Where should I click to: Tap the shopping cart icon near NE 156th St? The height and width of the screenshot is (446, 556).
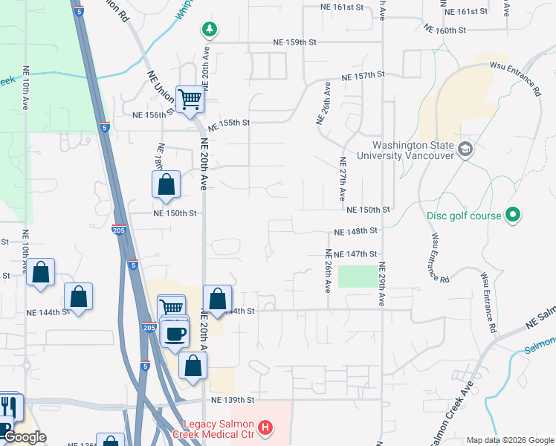(190, 98)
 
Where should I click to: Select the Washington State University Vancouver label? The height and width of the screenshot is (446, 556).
(414, 150)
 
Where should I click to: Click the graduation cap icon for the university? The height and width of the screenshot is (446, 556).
(466, 149)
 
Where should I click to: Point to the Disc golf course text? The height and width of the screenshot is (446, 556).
(463, 216)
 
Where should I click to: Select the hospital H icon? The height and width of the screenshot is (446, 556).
(265, 429)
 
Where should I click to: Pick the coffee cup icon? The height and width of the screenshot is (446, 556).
(175, 333)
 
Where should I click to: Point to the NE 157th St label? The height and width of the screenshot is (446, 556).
(363, 76)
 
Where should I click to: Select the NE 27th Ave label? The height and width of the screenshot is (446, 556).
(343, 179)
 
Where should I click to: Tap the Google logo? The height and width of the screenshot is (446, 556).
(25, 438)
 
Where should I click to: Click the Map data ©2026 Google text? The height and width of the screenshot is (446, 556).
(509, 440)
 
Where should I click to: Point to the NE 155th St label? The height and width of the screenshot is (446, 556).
(229, 123)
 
